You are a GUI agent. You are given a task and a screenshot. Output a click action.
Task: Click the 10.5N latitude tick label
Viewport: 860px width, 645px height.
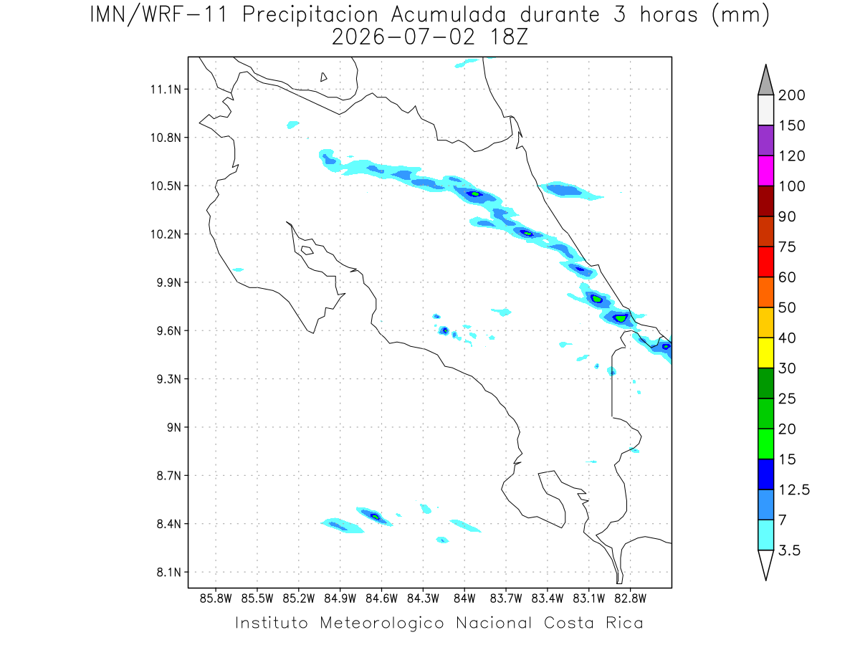166,186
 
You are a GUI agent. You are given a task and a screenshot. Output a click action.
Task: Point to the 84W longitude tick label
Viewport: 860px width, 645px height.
464,599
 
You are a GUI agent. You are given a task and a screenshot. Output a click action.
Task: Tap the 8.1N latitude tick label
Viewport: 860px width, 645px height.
169,573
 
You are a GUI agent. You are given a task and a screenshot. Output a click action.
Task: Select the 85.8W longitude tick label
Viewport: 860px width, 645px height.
216,599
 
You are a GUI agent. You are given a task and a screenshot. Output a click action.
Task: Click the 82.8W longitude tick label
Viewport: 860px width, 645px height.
630,599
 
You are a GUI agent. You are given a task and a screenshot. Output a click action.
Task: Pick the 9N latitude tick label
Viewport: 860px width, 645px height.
174,427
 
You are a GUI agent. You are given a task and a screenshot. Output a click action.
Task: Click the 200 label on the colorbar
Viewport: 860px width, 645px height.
791,95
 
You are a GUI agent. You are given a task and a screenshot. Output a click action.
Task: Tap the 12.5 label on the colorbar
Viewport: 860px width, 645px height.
794,490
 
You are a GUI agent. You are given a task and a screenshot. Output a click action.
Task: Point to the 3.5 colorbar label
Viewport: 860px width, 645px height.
789,550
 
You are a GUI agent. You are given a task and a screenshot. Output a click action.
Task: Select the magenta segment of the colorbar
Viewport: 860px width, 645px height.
765,171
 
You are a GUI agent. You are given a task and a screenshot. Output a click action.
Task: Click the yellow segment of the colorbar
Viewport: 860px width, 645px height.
765,353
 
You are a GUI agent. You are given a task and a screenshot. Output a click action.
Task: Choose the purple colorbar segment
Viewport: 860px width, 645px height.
765,140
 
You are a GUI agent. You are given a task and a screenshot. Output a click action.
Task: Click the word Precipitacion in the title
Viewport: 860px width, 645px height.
310,15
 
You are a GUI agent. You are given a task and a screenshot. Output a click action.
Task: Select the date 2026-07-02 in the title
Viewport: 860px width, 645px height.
403,37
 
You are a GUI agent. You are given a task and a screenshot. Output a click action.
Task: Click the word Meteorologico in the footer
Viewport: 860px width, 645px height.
382,623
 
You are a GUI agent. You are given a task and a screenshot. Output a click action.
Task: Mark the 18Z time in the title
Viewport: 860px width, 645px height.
509,37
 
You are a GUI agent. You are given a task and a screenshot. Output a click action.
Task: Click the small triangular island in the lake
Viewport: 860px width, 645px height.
323,77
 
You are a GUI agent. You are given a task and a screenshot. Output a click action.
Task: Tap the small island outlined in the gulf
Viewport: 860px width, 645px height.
307,250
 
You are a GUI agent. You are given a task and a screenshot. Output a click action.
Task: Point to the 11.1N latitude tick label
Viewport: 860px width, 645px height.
166,90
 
